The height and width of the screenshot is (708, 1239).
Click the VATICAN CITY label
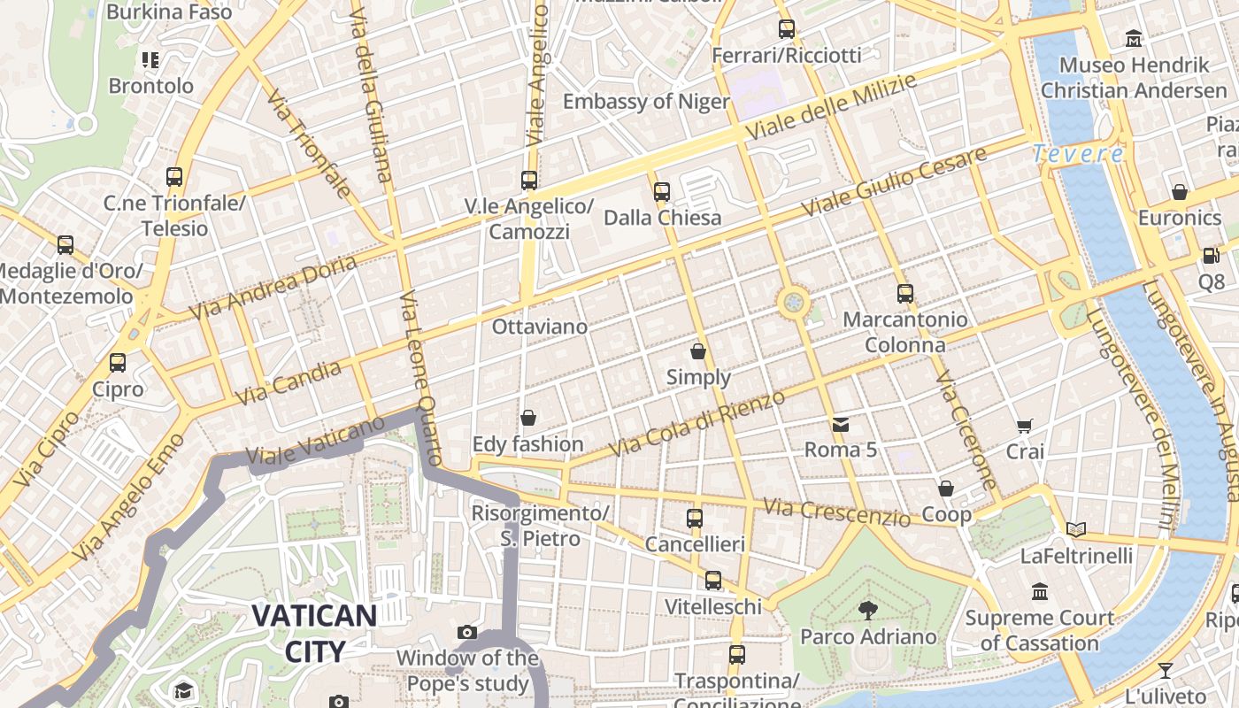click(x=314, y=633)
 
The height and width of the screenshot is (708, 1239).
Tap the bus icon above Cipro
click(x=118, y=363)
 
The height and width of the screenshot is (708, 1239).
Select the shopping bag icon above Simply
click(x=698, y=351)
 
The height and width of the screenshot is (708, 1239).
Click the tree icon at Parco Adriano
click(x=867, y=610)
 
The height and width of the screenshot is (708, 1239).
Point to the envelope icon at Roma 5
click(x=840, y=425)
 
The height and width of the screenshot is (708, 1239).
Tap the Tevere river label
click(x=1078, y=154)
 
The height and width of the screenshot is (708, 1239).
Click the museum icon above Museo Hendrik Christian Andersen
click(x=1134, y=38)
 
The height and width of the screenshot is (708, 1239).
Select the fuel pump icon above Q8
click(x=1211, y=256)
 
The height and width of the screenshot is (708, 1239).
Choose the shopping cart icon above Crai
click(x=1025, y=426)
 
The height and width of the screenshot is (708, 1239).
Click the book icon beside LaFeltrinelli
click(x=1076, y=530)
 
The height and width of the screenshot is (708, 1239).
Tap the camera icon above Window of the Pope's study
click(x=467, y=632)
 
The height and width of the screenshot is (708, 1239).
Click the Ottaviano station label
click(x=539, y=327)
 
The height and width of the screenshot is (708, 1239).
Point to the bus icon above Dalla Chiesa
click(x=662, y=191)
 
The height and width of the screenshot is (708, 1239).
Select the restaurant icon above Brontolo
click(x=150, y=60)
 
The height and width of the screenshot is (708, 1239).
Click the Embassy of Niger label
click(x=646, y=101)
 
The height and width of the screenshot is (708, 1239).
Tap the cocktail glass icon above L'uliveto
click(x=1166, y=670)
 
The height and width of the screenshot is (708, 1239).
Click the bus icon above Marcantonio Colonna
click(x=904, y=293)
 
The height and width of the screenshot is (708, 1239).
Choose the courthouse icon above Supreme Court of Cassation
click(x=1040, y=591)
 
